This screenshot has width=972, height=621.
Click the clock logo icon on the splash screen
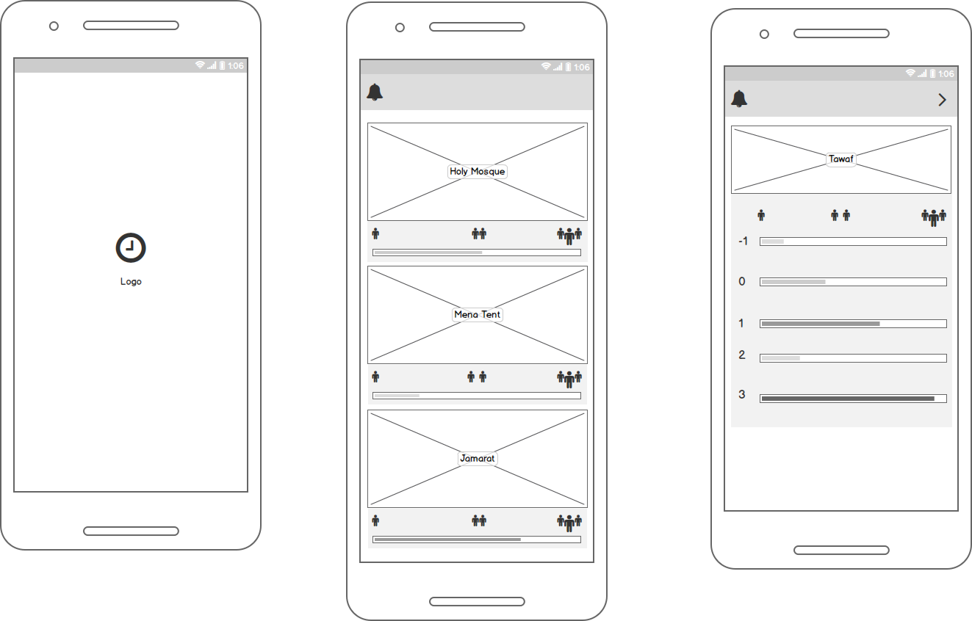pyautogui.click(x=131, y=248)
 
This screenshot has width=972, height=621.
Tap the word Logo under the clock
pyautogui.click(x=131, y=282)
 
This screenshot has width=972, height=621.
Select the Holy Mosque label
pyautogui.click(x=478, y=172)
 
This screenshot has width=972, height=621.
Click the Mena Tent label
pyautogui.click(x=478, y=315)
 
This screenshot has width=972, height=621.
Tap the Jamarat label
pyautogui.click(x=478, y=459)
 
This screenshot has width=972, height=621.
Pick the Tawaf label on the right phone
pyautogui.click(x=841, y=159)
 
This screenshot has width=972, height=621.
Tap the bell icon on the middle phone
pyautogui.click(x=375, y=92)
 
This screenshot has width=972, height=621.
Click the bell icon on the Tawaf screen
pyautogui.click(x=739, y=99)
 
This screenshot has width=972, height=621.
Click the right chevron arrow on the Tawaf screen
pyautogui.click(x=943, y=100)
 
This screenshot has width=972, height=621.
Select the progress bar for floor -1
pyautogui.click(x=853, y=241)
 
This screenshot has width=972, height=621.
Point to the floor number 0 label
pyautogui.click(x=742, y=282)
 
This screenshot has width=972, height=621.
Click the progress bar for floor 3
pyautogui.click(x=853, y=399)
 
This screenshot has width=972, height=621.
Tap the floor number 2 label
pyautogui.click(x=742, y=355)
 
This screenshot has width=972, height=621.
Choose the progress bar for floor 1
pyautogui.click(x=853, y=324)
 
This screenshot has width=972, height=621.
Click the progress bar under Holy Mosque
pyautogui.click(x=477, y=253)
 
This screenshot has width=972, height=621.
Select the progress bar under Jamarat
pyautogui.click(x=477, y=540)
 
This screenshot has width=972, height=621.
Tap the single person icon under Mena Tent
pyautogui.click(x=375, y=377)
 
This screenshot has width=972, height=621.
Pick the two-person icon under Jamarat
pyautogui.click(x=479, y=521)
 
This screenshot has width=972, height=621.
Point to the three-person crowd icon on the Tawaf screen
pyautogui.click(x=934, y=217)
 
